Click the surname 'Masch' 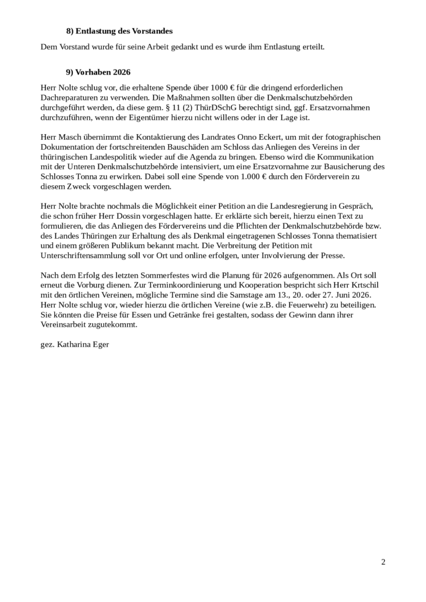click(x=72, y=136)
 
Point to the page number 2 click(x=383, y=563)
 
